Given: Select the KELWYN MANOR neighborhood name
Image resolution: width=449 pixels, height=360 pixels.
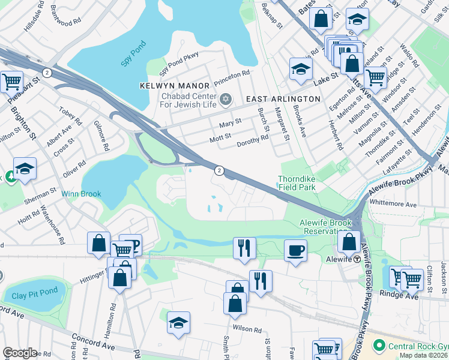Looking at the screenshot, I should [x=175, y=86].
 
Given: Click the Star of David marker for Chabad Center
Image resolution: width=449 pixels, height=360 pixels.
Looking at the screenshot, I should [x=226, y=98].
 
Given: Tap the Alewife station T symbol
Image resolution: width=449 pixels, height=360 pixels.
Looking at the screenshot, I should [x=357, y=259].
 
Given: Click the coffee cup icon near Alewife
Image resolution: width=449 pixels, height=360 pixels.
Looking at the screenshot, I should [x=295, y=250].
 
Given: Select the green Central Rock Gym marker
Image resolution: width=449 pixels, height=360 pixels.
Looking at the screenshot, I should [x=378, y=346].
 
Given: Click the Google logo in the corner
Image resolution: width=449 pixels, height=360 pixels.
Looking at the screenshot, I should [x=20, y=352].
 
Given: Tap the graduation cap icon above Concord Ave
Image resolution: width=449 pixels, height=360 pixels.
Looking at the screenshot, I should [x=178, y=322].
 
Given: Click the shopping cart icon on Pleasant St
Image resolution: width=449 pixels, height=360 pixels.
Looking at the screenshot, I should [x=11, y=81].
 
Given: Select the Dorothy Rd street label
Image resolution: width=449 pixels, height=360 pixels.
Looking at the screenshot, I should [x=252, y=142].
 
